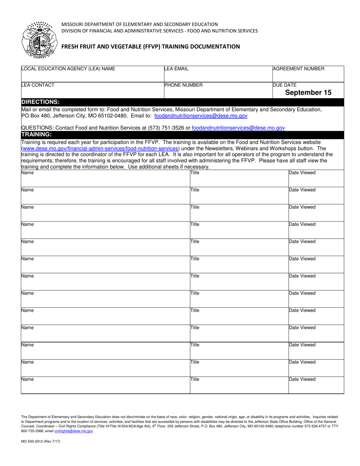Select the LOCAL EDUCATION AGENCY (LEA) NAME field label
point(68,69)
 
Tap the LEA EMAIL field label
point(176,69)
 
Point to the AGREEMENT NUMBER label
point(299,69)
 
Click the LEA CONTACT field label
point(38,85)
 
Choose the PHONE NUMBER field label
point(183,85)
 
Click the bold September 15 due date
point(308,92)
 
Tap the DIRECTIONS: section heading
point(40,102)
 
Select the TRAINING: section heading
point(36,134)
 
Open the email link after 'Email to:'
point(201,116)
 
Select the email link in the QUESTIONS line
point(238,128)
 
